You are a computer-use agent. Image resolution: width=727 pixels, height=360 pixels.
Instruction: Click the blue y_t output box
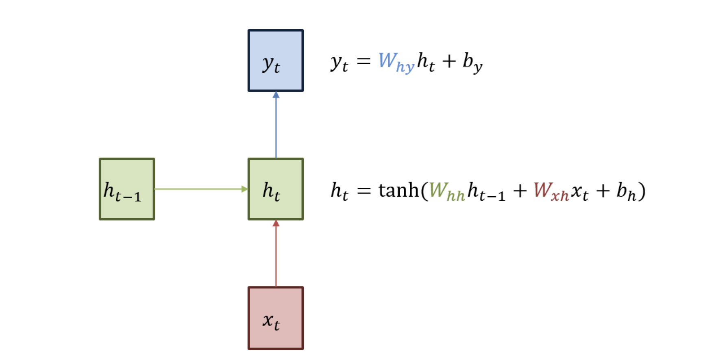coord(276,61)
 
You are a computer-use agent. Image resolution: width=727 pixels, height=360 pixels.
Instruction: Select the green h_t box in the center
coord(276,189)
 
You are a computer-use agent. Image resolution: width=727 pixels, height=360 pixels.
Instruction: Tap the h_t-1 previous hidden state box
coord(127,189)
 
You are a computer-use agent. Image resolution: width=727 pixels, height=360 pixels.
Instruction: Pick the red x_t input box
coord(276,318)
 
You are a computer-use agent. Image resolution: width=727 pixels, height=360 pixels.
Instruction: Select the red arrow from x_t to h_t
coord(276,254)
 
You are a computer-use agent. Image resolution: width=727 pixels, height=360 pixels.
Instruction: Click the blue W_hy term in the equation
coord(395,62)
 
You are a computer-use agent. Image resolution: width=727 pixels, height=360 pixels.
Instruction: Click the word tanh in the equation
coord(398,190)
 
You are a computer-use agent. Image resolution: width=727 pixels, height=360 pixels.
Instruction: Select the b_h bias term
coord(625,191)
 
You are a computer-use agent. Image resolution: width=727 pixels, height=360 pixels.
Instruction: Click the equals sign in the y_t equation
coord(363,62)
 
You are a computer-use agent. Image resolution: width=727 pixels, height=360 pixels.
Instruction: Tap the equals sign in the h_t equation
coord(363,191)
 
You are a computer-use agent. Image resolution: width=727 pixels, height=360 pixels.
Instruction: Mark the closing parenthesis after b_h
coord(642,191)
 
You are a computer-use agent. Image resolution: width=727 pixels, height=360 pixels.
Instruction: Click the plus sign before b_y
coord(449,61)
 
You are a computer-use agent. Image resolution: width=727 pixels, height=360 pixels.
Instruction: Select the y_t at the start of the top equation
coord(339,63)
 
